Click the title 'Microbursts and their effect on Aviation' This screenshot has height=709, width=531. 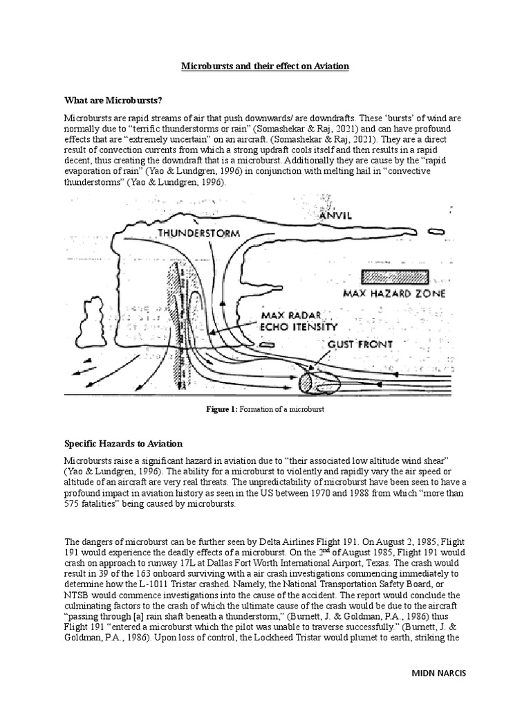pos(265,66)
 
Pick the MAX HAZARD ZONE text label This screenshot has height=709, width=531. pos(393,294)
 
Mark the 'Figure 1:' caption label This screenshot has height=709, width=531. pos(222,410)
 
